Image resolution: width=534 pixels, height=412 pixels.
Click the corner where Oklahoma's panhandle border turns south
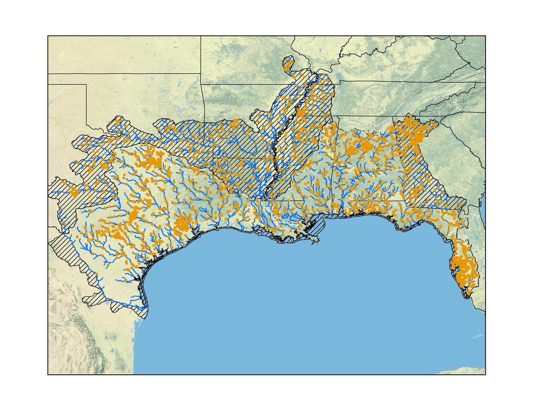pos(87,85)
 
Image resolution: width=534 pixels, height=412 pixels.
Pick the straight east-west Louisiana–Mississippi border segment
pos(282,200)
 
